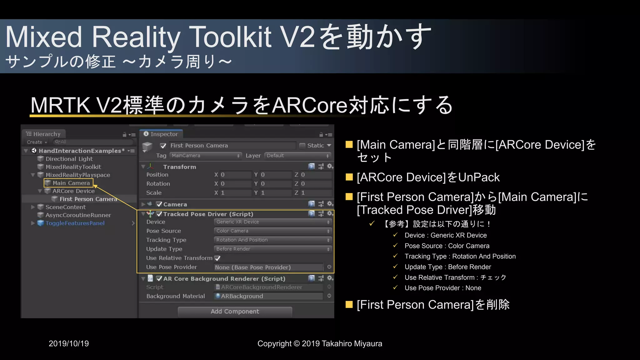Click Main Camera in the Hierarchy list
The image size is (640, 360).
pyautogui.click(x=71, y=183)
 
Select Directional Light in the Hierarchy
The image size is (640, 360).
pyautogui.click(x=69, y=159)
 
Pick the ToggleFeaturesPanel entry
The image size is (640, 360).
pyautogui.click(x=75, y=223)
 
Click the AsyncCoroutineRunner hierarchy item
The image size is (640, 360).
pyautogui.click(x=78, y=215)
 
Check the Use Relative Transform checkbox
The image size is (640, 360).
pyautogui.click(x=217, y=258)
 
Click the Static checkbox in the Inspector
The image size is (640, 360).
pyautogui.click(x=302, y=146)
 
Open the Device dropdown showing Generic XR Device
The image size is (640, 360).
pyautogui.click(x=272, y=222)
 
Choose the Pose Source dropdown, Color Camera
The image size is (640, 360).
pyautogui.click(x=272, y=231)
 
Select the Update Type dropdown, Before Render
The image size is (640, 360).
pyautogui.click(x=272, y=249)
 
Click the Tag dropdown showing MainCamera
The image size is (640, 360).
pyautogui.click(x=206, y=156)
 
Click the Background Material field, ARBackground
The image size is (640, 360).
pyautogui.click(x=269, y=296)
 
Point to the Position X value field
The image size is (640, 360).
pyautogui.click(x=235, y=175)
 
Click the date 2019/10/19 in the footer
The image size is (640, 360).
pyautogui.click(x=69, y=344)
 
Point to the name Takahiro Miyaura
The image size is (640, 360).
pyautogui.click(x=352, y=344)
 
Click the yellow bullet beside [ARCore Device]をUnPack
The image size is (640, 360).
pyautogui.click(x=349, y=177)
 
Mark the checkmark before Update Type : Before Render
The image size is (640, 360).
pyautogui.click(x=395, y=267)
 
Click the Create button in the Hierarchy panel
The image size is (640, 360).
pyautogui.click(x=36, y=142)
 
